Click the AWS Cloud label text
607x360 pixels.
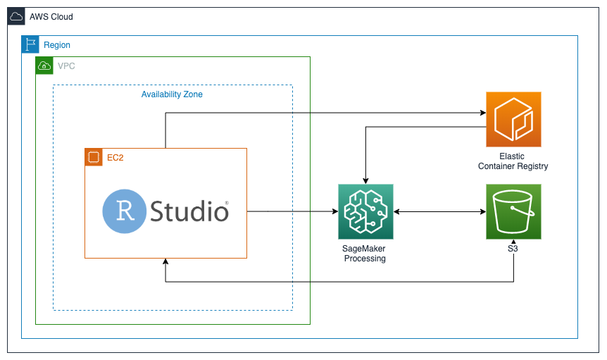point(51,17)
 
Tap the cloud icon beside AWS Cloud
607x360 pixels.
point(16,16)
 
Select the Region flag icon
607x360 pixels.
point(30,44)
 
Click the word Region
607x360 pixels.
point(57,45)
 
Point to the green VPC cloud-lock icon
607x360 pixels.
point(44,66)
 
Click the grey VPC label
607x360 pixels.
point(66,66)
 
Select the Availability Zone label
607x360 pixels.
point(172,94)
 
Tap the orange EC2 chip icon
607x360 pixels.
point(94,157)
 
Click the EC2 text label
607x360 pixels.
point(115,158)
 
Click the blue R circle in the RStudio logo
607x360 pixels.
point(124,211)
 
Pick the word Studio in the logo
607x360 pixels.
point(189,211)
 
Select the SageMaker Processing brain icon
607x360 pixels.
point(366,212)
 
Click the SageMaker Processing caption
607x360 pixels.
point(364,254)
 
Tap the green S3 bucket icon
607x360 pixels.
point(514,212)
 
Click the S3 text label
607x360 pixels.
point(513,249)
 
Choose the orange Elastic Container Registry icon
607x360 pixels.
point(514,119)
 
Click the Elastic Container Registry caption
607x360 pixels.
point(513,161)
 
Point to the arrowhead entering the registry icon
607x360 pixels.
point(483,113)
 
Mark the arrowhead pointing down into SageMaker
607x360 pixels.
point(366,181)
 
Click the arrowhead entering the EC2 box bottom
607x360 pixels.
point(165,261)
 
